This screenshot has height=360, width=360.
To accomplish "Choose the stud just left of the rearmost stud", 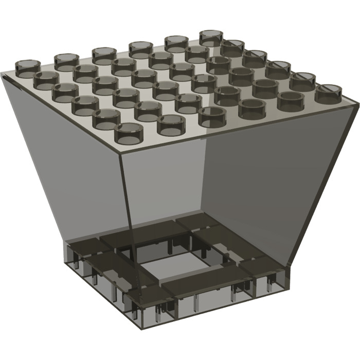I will (x=175, y=43).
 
